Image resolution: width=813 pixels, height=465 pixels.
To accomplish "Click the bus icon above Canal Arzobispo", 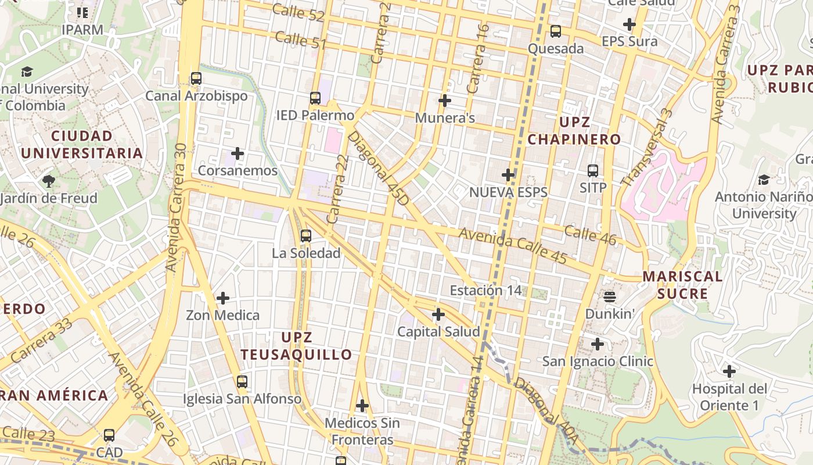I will [196, 78].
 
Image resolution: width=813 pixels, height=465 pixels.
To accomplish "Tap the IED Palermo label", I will [315, 115].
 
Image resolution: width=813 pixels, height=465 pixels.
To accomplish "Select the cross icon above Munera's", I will [445, 101].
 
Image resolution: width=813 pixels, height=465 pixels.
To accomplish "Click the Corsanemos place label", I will [238, 171].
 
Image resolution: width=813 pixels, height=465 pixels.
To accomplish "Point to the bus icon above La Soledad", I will [306, 236].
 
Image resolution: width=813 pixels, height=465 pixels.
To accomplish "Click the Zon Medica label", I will [222, 315].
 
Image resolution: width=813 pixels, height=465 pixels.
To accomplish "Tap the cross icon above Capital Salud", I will [438, 314].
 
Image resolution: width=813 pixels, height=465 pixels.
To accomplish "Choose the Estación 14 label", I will [486, 290].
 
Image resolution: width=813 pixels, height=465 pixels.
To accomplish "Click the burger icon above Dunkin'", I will [609, 297].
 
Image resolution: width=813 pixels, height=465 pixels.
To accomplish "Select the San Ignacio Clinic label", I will [598, 361].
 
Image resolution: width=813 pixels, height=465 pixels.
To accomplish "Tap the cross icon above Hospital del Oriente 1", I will [729, 371].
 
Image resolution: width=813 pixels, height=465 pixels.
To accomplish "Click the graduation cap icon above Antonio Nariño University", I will [764, 180].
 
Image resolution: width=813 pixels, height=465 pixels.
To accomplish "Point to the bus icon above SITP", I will [593, 171].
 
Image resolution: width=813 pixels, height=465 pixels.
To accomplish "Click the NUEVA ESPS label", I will [508, 192].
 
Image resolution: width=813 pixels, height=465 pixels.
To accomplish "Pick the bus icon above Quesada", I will [556, 31].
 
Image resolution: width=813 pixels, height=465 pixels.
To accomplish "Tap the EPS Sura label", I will [629, 41].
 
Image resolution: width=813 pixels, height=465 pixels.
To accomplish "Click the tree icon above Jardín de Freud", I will [49, 181].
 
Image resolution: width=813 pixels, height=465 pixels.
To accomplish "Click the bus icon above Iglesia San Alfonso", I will [242, 382].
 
